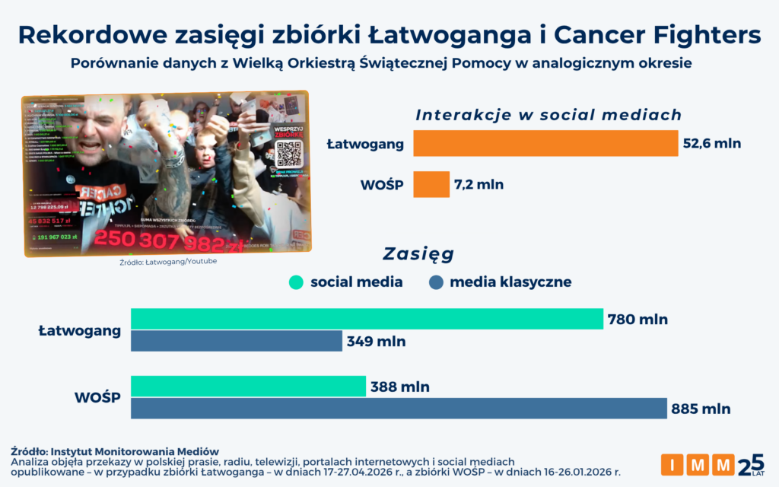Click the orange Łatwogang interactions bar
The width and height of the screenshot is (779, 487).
[x=545, y=143]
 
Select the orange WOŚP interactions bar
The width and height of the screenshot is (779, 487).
[x=431, y=184]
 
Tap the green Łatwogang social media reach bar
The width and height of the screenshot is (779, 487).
[x=367, y=319]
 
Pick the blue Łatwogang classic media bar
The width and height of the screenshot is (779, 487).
[x=237, y=341]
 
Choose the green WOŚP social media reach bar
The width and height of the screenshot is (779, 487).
[x=248, y=387]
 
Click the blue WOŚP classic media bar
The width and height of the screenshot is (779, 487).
[x=399, y=409]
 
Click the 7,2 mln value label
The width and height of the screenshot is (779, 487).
[x=479, y=184]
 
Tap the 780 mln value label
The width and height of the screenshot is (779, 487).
[x=638, y=320]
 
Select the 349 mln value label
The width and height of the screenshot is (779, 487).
[x=376, y=342]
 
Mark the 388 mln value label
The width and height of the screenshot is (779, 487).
[x=399, y=387]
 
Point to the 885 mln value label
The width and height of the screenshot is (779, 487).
[x=701, y=409]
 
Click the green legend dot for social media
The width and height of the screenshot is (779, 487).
[x=297, y=282]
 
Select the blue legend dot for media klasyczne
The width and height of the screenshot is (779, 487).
[x=436, y=282]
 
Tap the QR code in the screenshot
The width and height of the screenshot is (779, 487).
[x=289, y=154]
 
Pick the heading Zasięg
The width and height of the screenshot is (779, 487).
[x=418, y=253]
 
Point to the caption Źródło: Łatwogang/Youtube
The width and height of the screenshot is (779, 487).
[x=168, y=262]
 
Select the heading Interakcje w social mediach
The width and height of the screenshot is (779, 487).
[x=548, y=115]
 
